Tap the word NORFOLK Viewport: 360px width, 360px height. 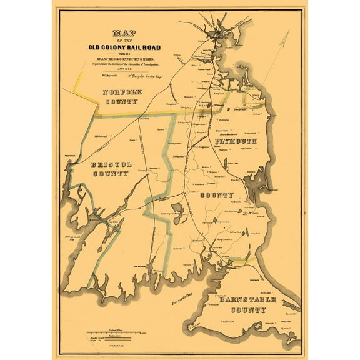pos(123,92)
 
